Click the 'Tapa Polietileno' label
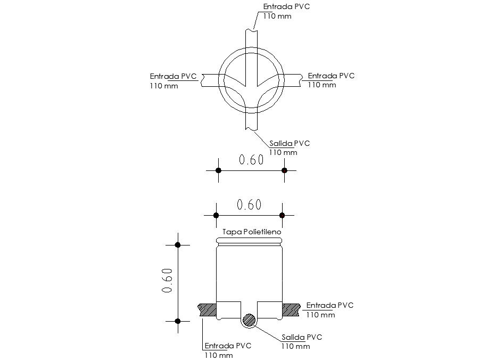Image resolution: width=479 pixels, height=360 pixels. click(248, 233)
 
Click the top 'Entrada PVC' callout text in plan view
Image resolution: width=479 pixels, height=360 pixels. click(286, 7)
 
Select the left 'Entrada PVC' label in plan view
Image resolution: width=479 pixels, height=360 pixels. click(174, 76)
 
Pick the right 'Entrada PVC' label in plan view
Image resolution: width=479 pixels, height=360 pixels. click(331, 76)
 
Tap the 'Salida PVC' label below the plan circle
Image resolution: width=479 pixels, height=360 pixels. click(290, 143)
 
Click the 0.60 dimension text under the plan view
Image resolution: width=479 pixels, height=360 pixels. click(251, 160)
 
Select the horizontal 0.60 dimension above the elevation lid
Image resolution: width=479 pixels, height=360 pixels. click(249, 205)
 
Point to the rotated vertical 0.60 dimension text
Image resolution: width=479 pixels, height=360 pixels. click(167, 281)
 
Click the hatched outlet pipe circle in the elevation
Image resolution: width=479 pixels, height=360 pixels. click(249, 320)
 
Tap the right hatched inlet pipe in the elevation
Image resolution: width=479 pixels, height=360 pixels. click(291, 307)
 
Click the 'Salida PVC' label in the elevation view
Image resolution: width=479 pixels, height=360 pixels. click(302, 337)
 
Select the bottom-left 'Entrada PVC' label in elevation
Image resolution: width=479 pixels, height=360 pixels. click(228, 346)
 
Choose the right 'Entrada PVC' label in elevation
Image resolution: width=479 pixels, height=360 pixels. click(330, 305)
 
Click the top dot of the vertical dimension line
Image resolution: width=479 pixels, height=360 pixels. click(178, 245)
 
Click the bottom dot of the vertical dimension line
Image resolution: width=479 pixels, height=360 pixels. click(178, 321)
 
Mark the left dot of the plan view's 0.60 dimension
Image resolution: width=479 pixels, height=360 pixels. click(218, 170)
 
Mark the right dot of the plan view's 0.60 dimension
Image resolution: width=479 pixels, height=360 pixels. click(284, 170)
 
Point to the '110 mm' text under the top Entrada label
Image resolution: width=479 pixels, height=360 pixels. click(277, 17)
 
